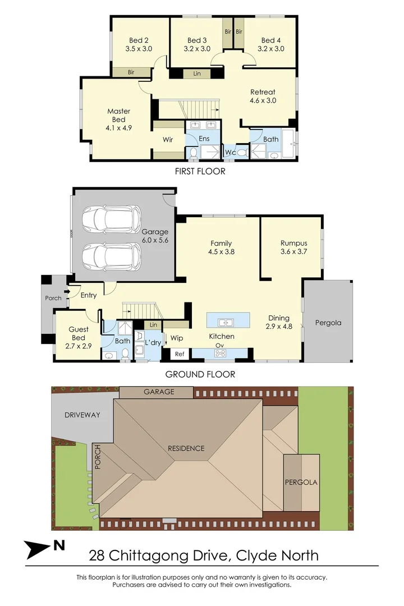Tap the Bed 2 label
point(139,44)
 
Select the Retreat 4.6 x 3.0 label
point(263,97)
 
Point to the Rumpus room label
point(293,247)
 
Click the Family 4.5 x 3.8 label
point(221,247)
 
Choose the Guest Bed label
point(77,334)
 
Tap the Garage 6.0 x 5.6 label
point(155,236)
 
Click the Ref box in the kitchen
point(180,354)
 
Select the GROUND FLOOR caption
point(200,374)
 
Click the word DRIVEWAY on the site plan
point(82,415)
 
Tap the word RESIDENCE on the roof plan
point(186,448)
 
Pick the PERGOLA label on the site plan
point(301,482)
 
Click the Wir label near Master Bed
point(168,139)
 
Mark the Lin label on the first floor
point(197,74)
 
